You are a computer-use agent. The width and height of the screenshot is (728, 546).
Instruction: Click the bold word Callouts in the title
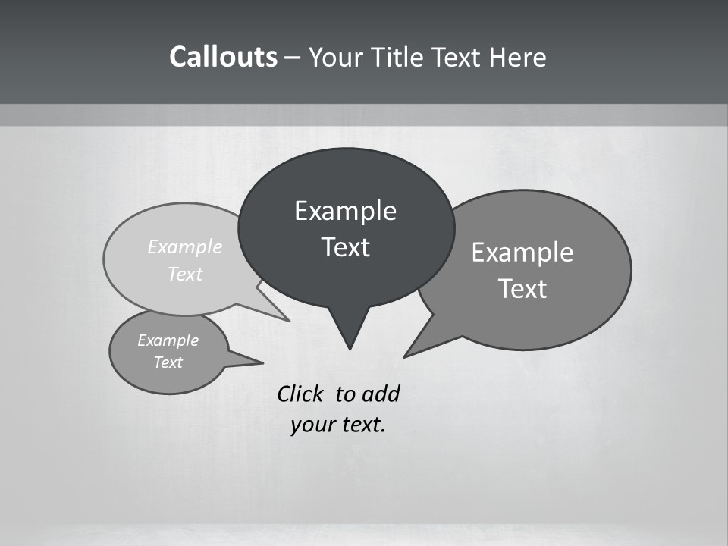[x=223, y=57]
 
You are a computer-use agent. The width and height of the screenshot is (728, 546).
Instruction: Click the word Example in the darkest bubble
[x=345, y=211]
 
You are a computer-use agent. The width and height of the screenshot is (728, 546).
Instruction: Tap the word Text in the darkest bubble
[x=345, y=247]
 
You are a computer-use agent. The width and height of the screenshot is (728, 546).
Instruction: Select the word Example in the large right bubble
[x=522, y=253]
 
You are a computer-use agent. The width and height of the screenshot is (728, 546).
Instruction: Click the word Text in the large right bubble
[x=522, y=289]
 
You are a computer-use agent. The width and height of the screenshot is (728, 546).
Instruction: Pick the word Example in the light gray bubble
[x=185, y=246]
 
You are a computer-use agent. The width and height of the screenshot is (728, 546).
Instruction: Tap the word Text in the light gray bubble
[x=185, y=274]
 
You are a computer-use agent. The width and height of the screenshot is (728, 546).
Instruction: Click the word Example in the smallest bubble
[x=168, y=340]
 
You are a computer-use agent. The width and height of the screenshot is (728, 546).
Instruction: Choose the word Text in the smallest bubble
[x=168, y=362]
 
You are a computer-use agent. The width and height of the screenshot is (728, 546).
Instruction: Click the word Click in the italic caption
[x=300, y=394]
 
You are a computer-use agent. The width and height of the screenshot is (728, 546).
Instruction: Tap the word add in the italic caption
[x=381, y=394]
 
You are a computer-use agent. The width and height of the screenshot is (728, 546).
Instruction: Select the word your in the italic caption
[x=311, y=425]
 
